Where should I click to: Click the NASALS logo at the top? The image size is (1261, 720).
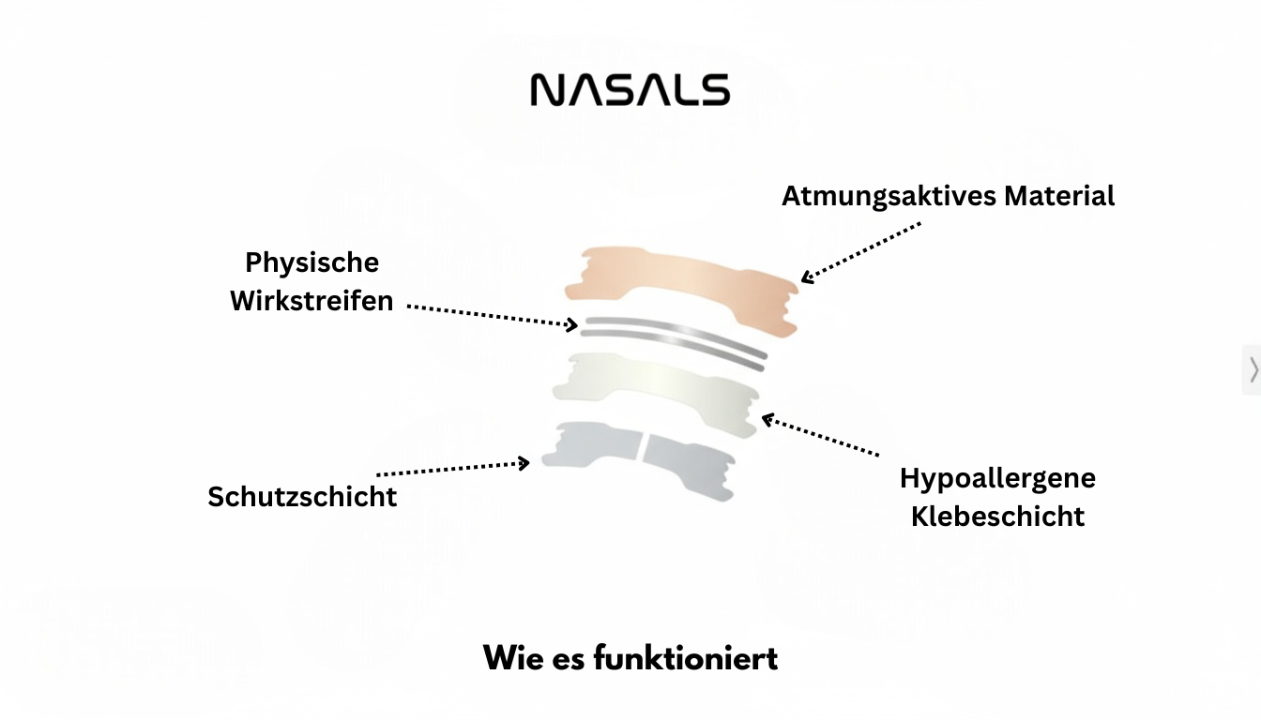click(630, 89)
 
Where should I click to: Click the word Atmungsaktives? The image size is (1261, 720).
click(889, 196)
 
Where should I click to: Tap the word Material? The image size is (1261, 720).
click(1059, 196)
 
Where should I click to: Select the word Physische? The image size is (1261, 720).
click(311, 262)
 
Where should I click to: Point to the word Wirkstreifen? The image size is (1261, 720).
click(311, 300)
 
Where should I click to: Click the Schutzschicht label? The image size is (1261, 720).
click(302, 497)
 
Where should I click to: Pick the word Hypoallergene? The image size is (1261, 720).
click(997, 479)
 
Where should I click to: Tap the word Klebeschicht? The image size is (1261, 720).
click(997, 517)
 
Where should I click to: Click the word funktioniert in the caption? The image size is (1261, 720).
click(686, 657)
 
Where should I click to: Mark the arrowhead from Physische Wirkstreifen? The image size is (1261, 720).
click(572, 324)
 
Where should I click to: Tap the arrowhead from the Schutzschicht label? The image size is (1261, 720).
click(524, 463)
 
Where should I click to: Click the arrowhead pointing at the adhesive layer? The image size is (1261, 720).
click(767, 420)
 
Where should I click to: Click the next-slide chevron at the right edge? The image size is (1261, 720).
click(1253, 369)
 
